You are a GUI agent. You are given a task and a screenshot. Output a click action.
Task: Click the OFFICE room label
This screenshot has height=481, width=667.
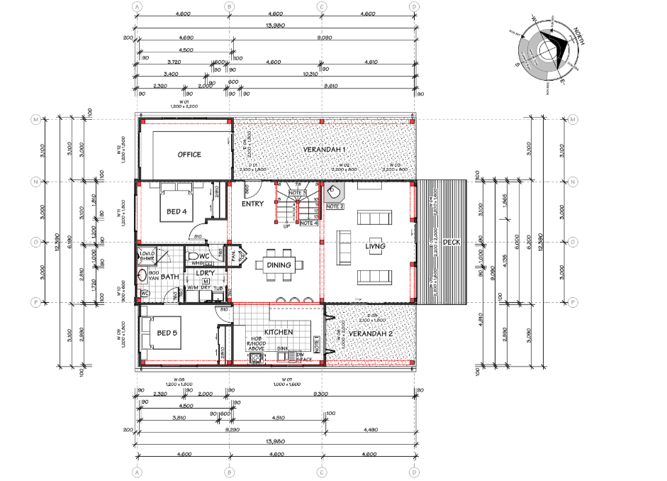click(189, 155)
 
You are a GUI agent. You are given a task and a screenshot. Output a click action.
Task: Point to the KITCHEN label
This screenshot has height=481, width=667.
click(278, 332)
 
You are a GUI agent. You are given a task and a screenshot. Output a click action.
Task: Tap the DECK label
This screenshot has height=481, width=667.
click(451, 243)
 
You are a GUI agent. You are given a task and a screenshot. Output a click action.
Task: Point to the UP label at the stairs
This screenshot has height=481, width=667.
click(286, 227)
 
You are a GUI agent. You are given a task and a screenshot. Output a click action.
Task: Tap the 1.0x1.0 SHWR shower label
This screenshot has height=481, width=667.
click(147, 257)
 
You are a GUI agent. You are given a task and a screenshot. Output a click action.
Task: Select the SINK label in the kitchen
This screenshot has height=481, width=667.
click(283, 349)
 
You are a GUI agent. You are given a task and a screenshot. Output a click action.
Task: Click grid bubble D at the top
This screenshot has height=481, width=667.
click(414, 6)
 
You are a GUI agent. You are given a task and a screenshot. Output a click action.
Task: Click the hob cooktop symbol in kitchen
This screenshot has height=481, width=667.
click(257, 358)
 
